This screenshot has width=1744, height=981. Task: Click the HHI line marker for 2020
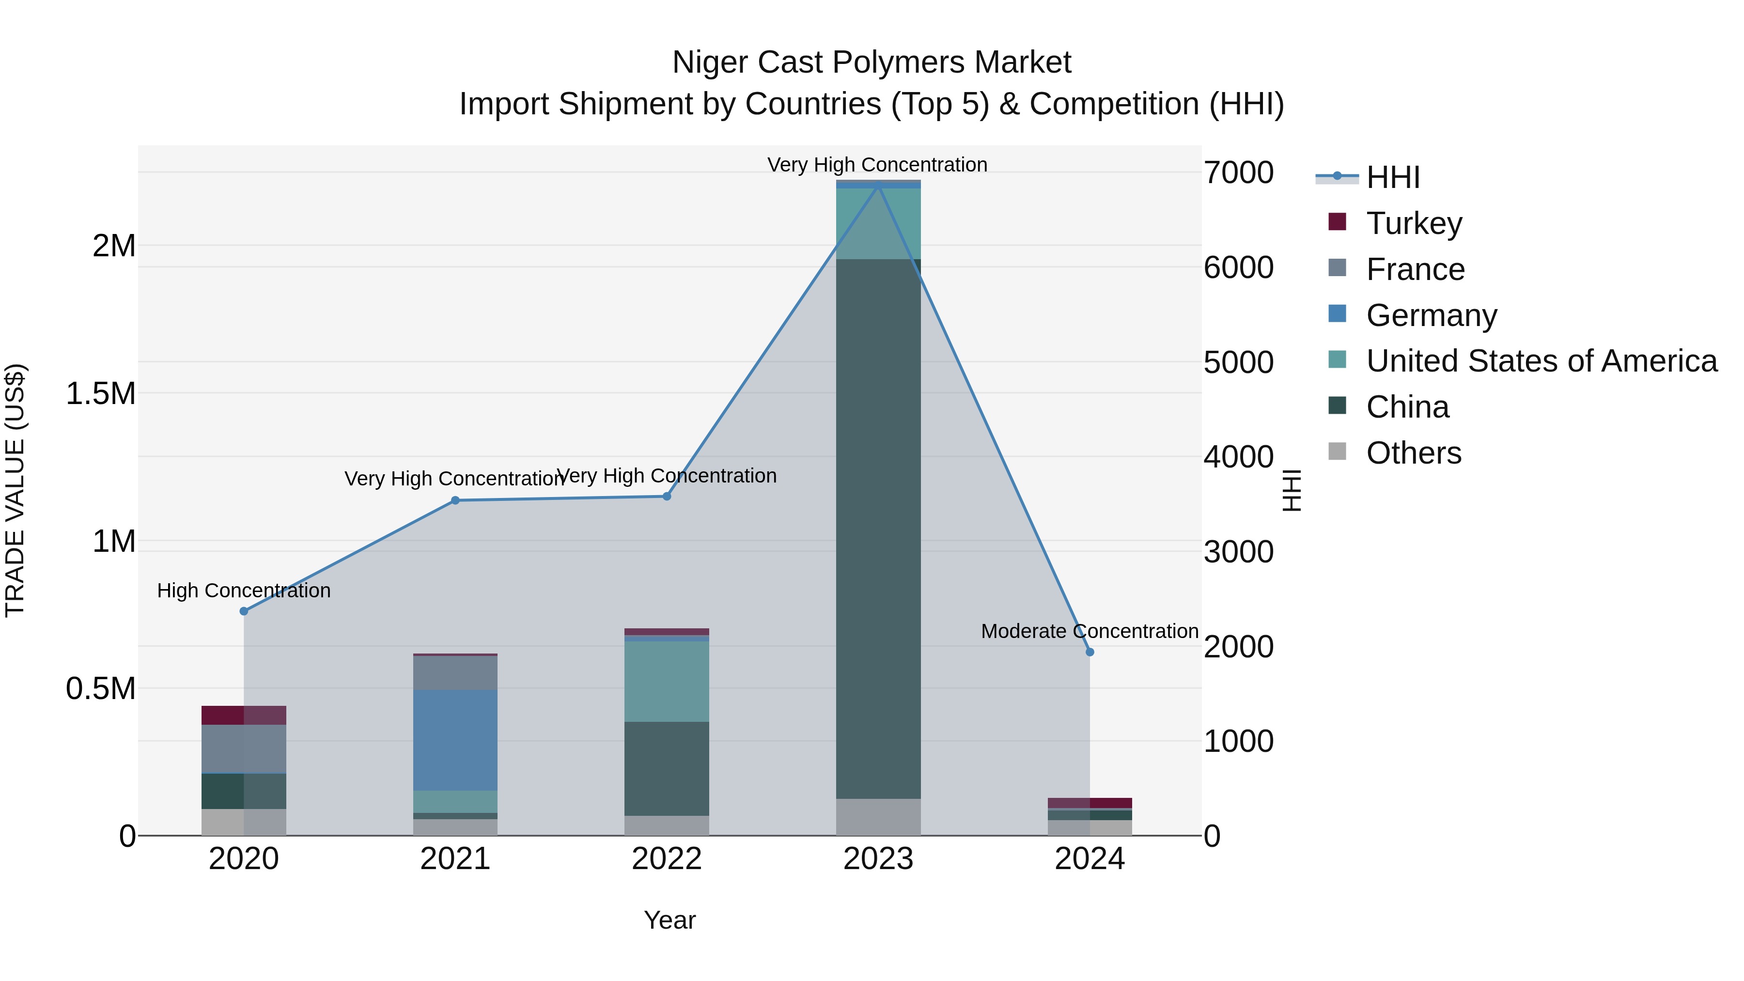(244, 611)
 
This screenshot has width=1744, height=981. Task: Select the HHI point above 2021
(455, 500)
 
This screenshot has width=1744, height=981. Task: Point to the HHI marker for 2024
(1090, 652)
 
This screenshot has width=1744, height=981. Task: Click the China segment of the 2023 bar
(878, 528)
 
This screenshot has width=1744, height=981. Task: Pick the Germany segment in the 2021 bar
(455, 739)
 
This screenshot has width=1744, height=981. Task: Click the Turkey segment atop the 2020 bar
(244, 715)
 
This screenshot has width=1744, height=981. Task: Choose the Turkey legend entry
(1414, 223)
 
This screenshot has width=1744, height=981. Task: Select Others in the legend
(1413, 453)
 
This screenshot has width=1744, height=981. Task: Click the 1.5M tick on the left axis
(101, 393)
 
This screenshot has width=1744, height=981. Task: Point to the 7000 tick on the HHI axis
(1238, 172)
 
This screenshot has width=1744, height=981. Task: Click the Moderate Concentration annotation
(1090, 631)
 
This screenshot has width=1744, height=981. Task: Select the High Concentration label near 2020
(244, 591)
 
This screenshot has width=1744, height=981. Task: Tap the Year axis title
(670, 920)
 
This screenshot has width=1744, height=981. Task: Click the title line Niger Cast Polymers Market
(872, 62)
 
